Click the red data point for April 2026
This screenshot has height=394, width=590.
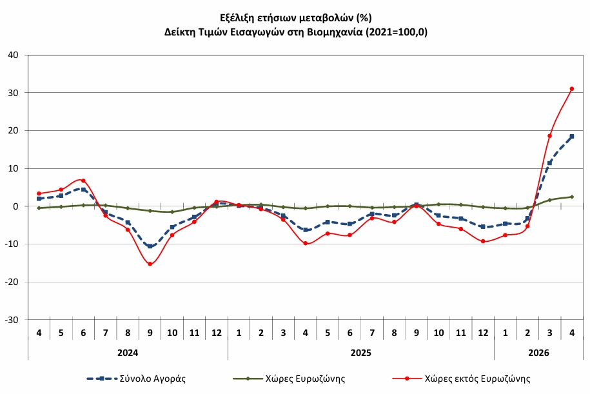point(571,89)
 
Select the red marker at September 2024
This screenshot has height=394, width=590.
point(150,264)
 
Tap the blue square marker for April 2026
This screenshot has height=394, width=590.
point(571,136)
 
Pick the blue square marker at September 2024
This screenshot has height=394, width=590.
point(150,246)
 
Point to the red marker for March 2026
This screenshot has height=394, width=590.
point(549,136)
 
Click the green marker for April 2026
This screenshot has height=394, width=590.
point(571,197)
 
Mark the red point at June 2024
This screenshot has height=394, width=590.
point(83,181)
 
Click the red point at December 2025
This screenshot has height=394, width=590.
point(483,241)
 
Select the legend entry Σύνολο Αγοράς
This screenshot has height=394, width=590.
point(136,379)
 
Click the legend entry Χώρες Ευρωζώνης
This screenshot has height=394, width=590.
point(289,379)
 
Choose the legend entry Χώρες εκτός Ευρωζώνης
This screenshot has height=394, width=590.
point(461,379)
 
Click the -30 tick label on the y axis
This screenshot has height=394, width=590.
point(12,320)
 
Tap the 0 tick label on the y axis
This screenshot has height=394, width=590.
point(15,206)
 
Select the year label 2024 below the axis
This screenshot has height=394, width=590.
point(128,353)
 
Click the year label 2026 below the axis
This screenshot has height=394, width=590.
point(538,353)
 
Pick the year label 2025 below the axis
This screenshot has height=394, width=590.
point(361,353)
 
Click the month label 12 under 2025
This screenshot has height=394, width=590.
point(483,333)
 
